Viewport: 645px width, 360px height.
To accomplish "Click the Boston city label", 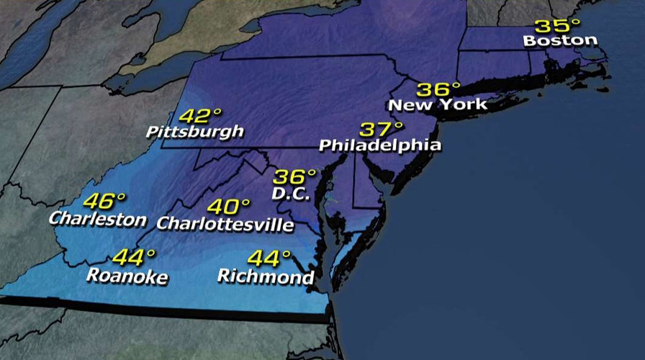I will pos(561,41).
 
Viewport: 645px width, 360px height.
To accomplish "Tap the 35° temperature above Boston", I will pos(556,26).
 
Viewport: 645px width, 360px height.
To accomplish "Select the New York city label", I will pos(438,105).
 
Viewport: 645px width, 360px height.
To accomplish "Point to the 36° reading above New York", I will pos(439,89).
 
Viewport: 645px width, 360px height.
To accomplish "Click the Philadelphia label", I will pos(379,145).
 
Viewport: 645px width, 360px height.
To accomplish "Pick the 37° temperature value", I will pos(382,130).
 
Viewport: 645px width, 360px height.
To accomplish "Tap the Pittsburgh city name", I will pos(194,132).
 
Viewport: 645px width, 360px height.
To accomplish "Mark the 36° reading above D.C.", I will pos(295,176).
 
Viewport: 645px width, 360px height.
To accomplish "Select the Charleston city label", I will pos(97,218).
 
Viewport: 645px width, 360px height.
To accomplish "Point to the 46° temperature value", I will pos(104,201).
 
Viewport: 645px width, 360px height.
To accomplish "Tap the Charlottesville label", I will pos(225,224).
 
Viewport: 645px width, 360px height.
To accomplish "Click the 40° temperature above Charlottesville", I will pos(230,207).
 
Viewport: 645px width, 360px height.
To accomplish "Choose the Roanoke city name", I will pos(127,276).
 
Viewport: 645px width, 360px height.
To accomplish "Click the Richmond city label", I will pos(265,276).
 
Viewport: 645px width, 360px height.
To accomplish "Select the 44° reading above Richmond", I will pos(269,258).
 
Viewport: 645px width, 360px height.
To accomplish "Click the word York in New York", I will pos(465,105).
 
